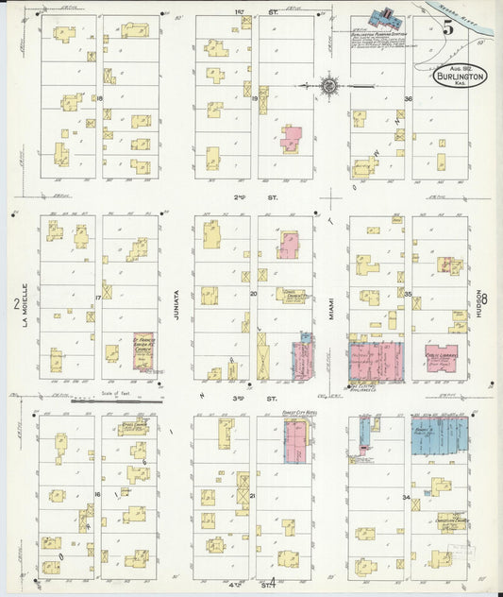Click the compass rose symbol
[329, 87]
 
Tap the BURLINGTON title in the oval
[460, 78]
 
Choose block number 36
[409, 98]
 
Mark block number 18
[98, 98]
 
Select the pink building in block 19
[291, 139]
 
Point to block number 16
[97, 494]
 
